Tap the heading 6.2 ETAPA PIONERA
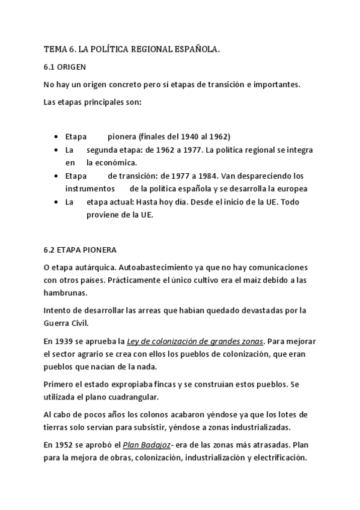[x=81, y=249]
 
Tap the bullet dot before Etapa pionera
[x=56, y=137]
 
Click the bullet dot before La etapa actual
[x=56, y=203]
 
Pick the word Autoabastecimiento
[x=156, y=266]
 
